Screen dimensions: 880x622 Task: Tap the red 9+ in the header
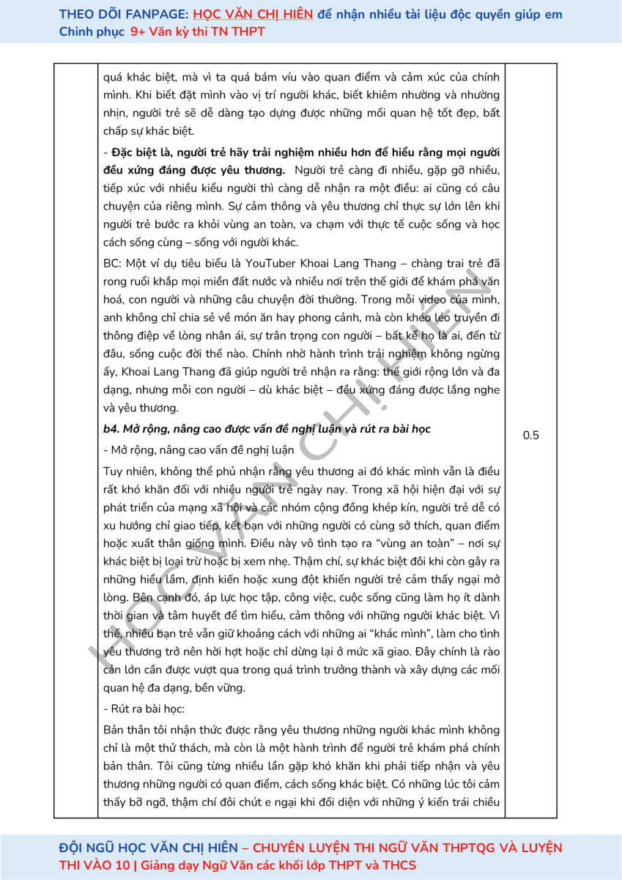coord(138,32)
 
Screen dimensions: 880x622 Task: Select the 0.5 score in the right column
coord(531,436)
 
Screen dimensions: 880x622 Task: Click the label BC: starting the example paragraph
coord(113,263)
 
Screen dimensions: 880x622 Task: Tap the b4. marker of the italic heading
coord(112,429)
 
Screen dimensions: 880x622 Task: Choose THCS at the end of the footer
coord(400,865)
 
